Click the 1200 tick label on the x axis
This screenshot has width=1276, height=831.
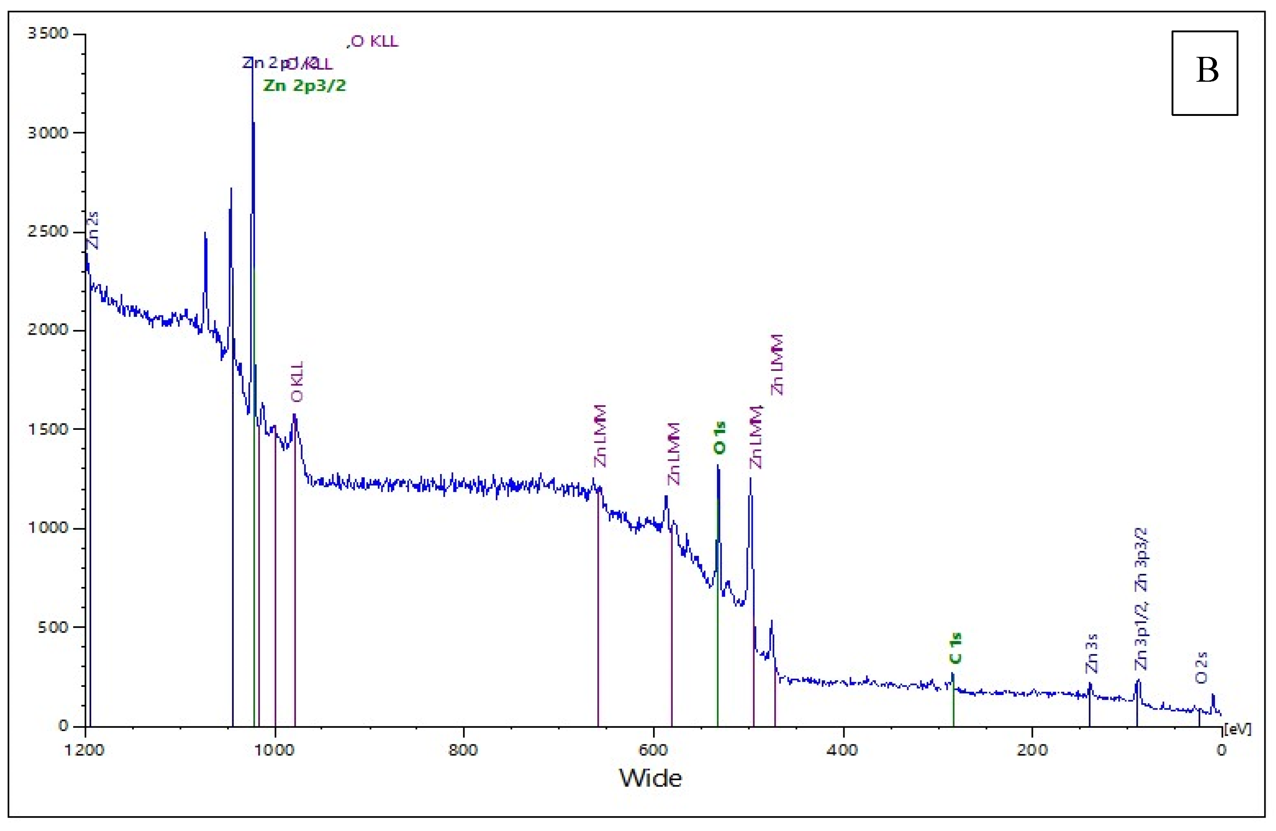[x=84, y=750]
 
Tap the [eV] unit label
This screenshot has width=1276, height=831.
[x=1237, y=729]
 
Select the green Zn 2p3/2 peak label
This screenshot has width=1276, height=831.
[x=304, y=86]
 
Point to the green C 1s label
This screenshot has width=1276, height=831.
[x=955, y=648]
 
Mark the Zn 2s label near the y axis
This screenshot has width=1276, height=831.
[x=93, y=230]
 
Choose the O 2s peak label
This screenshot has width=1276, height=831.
[x=1202, y=668]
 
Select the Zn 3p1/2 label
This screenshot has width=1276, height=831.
[x=1142, y=636]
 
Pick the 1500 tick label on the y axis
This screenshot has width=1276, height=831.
[x=48, y=429]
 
